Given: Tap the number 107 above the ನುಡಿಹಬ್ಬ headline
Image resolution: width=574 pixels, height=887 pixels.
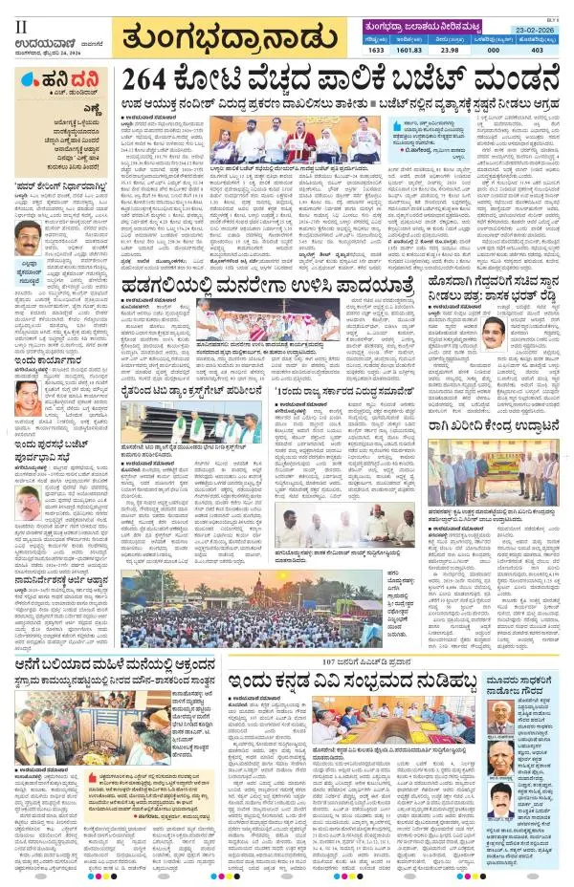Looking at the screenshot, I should tap(332, 661).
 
